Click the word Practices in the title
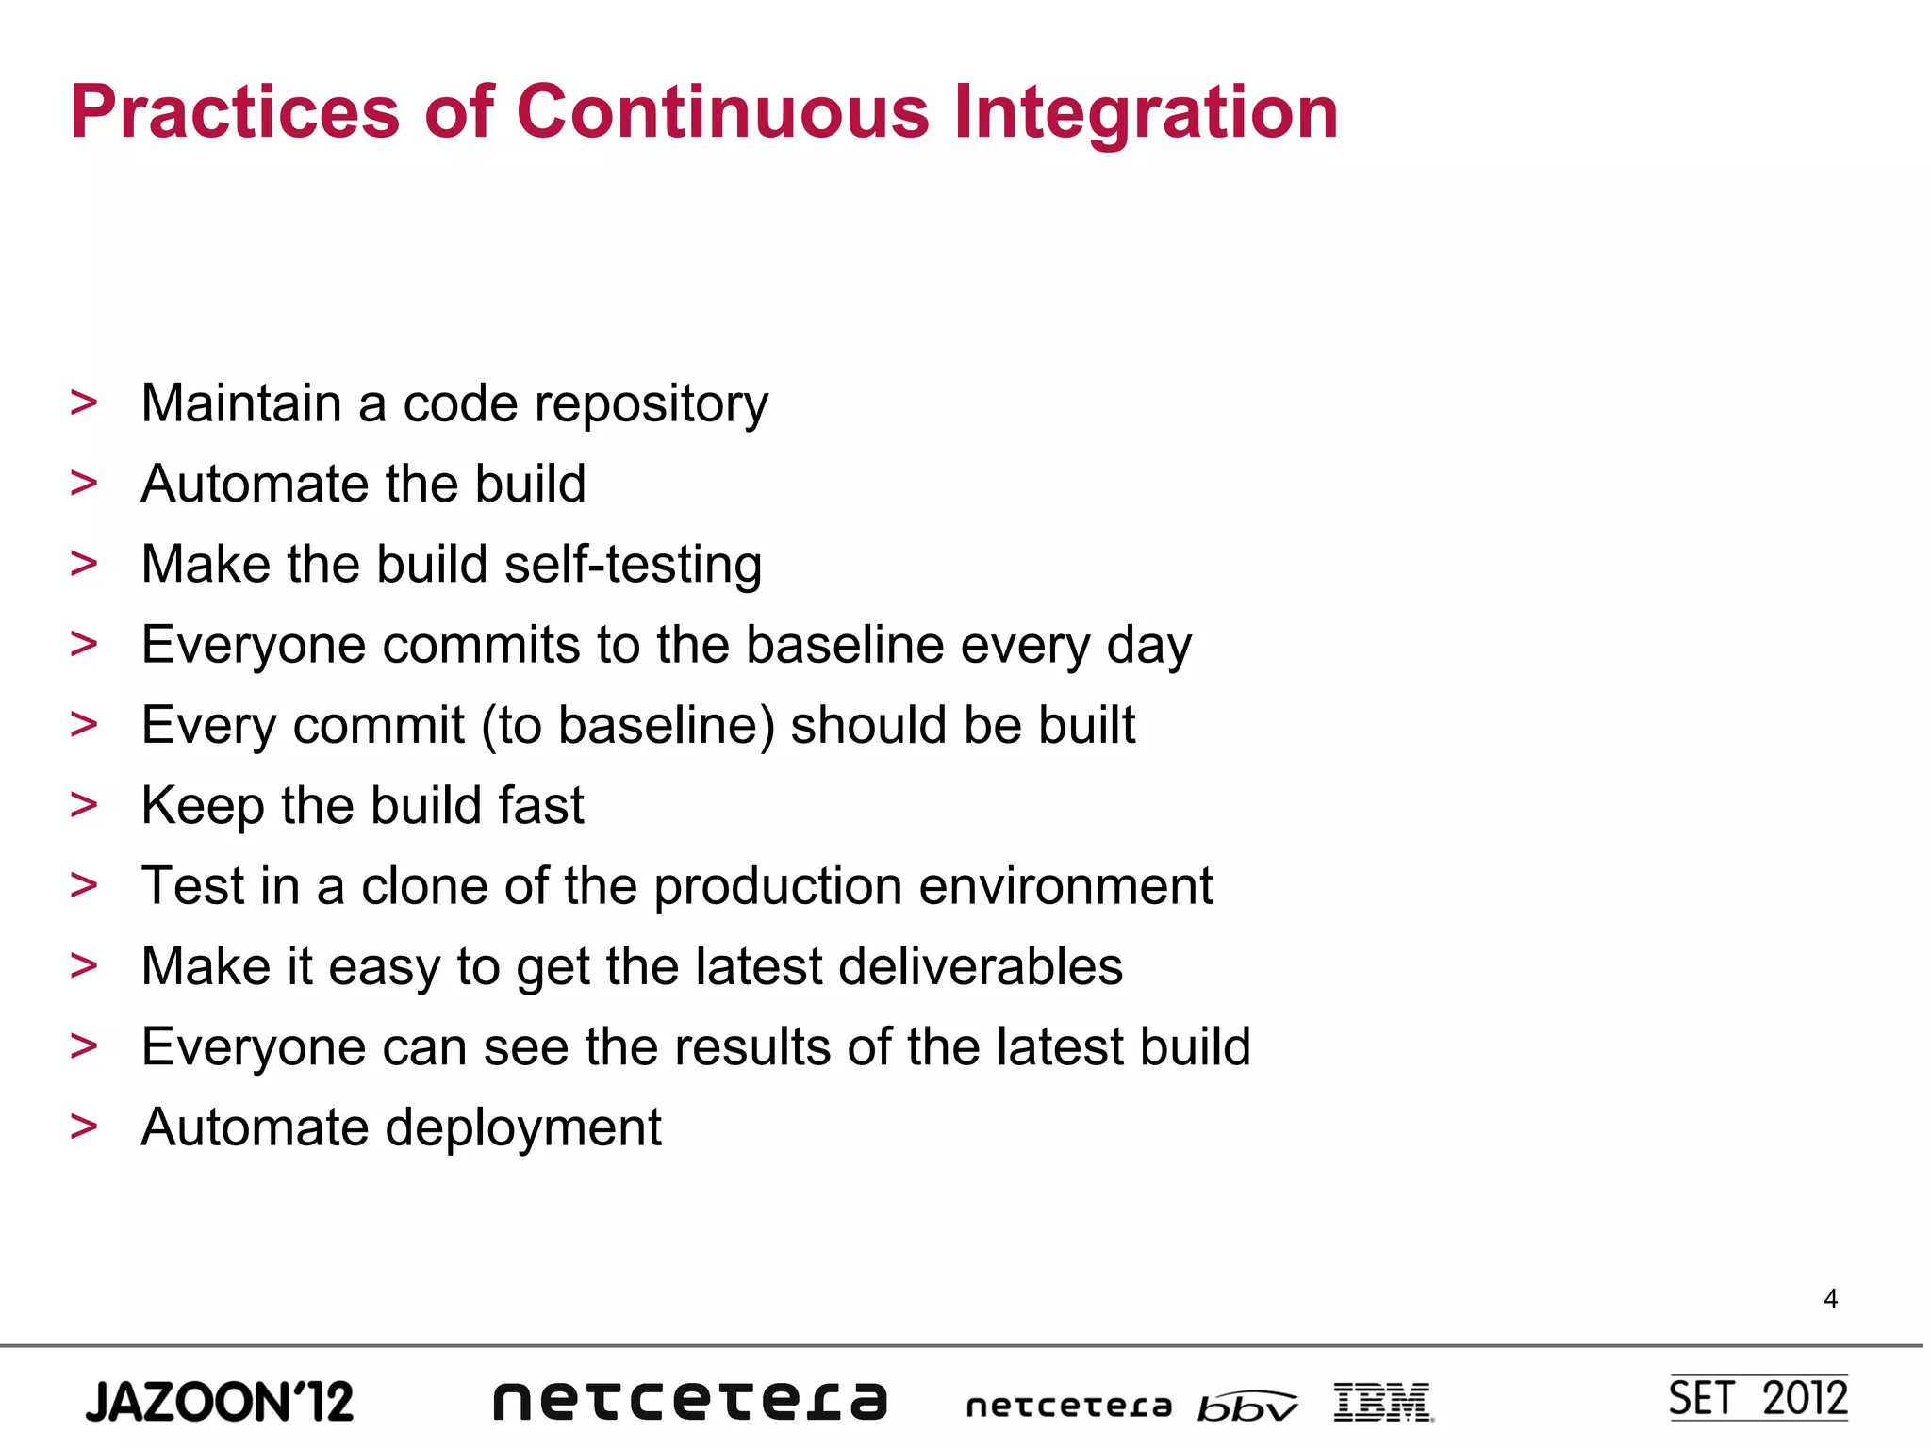coord(235,112)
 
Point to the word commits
coord(481,646)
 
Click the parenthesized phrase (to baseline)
coord(628,726)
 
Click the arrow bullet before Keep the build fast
coord(84,805)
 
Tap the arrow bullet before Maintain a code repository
coord(84,403)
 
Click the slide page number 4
coord(1830,1299)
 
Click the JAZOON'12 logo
coord(220,1401)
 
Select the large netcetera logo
coord(690,1401)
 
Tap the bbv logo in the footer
coord(1246,1406)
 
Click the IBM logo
coord(1383,1402)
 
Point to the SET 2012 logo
coord(1758,1398)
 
